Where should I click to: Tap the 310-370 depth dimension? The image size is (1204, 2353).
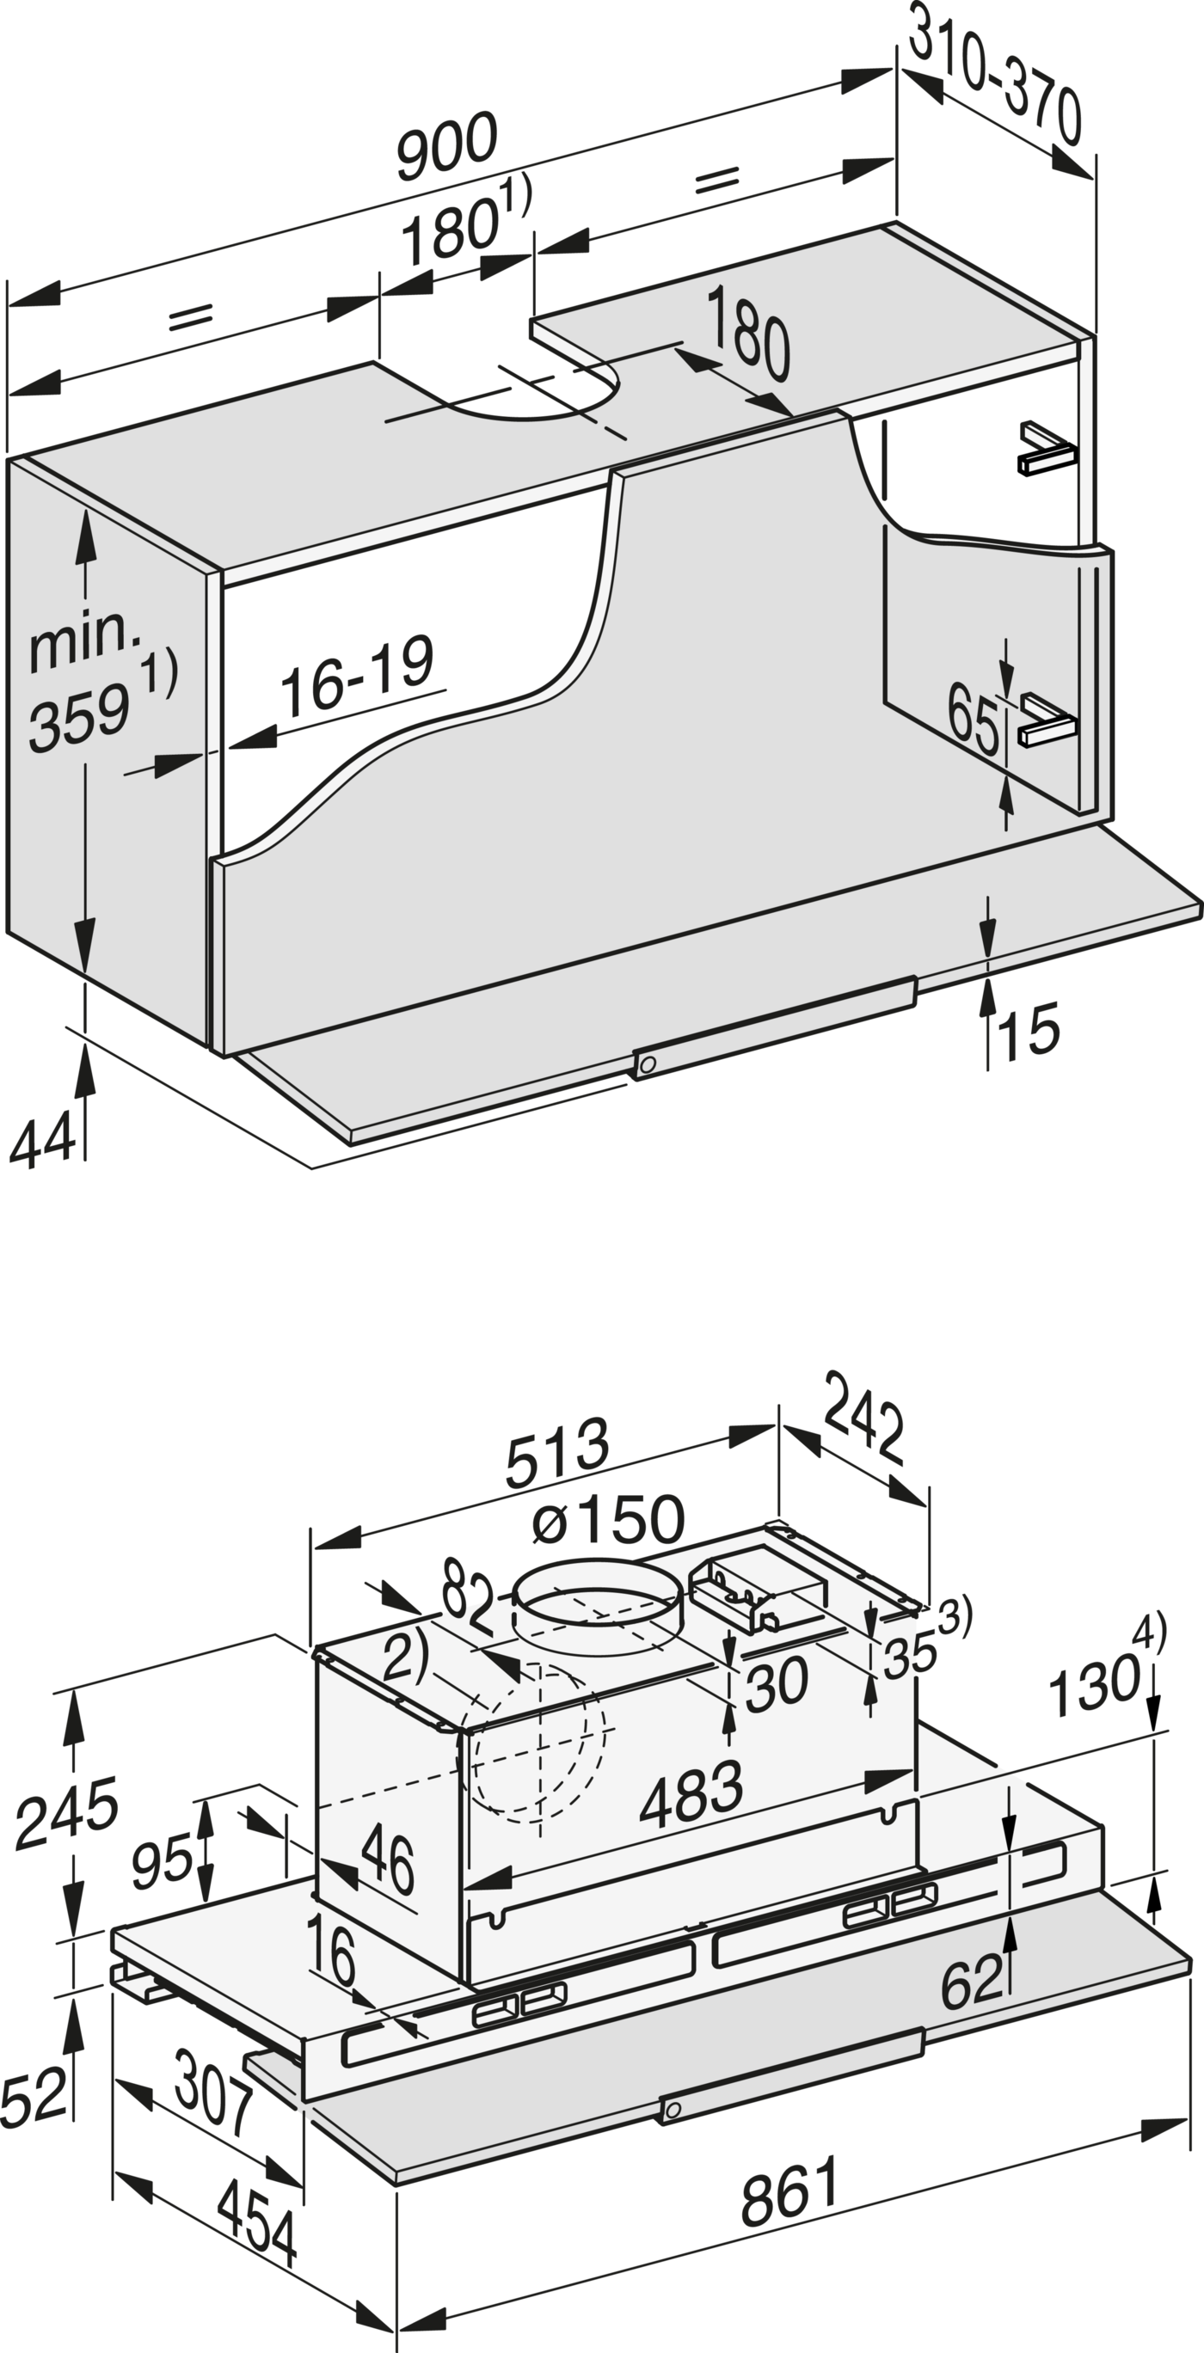tap(996, 72)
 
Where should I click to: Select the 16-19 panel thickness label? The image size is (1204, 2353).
tap(356, 675)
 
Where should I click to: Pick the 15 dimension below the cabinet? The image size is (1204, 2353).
tap(1028, 1033)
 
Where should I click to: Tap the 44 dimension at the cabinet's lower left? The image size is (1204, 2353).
tap(41, 1141)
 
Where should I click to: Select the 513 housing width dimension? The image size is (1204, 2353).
tap(556, 1452)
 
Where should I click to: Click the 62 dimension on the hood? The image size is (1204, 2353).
tap(972, 1982)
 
